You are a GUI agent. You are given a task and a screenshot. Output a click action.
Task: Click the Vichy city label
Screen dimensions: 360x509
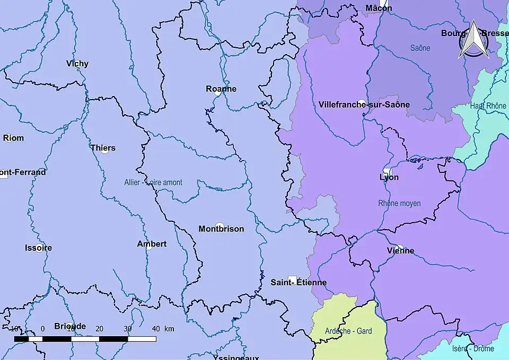point(77,64)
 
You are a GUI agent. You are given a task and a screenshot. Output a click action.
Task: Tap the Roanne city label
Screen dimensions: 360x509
point(221,89)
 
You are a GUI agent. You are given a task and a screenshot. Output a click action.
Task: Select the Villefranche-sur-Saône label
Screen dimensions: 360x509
point(364,104)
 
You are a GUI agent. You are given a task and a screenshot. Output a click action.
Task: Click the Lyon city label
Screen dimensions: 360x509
point(389,177)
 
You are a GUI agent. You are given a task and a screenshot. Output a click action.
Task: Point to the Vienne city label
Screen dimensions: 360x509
point(401,251)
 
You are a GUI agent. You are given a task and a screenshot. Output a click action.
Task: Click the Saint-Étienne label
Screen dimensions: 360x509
point(299,283)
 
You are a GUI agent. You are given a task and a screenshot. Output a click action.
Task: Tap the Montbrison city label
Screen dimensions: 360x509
point(221,229)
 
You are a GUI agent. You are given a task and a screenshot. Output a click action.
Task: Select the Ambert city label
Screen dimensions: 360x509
point(152,244)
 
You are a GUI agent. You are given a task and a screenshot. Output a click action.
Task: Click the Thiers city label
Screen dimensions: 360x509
point(103,148)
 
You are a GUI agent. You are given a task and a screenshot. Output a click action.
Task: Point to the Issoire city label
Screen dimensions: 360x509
point(38,248)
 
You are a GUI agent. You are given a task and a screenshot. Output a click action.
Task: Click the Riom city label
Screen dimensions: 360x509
point(13,138)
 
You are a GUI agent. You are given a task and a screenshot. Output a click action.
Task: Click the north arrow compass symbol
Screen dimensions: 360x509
point(473,40)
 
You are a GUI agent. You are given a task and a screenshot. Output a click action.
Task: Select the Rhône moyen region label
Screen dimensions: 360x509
point(399,203)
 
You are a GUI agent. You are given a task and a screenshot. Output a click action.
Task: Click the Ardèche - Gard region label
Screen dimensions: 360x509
point(348,331)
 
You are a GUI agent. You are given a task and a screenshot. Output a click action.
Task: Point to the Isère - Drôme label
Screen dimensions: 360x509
point(473,348)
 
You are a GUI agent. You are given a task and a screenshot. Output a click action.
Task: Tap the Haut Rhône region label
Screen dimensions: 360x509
point(488,106)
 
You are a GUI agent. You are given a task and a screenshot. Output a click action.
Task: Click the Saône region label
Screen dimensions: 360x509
point(420,48)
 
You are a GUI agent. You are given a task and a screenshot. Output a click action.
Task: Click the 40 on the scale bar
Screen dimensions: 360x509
point(155,329)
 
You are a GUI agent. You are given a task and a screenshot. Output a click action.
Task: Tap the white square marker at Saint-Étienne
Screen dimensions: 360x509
point(292,279)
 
